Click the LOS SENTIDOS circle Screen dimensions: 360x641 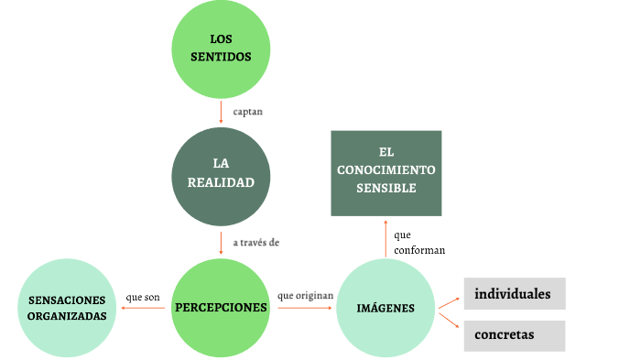click(x=221, y=49)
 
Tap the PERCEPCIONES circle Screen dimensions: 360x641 click(x=221, y=308)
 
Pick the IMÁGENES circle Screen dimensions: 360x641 click(x=386, y=308)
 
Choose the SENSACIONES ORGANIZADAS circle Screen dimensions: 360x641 click(x=67, y=308)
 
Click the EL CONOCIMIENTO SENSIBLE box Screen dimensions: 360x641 click(x=386, y=173)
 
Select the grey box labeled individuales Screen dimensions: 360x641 click(x=514, y=294)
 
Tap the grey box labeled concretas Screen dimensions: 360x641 click(x=514, y=335)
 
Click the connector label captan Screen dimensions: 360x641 click(x=249, y=112)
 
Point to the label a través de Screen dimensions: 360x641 click(x=256, y=243)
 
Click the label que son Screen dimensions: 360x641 click(x=143, y=297)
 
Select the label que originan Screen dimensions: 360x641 click(x=304, y=296)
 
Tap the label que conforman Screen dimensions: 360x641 click(x=419, y=242)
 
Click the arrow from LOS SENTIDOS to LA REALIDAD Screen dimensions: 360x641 click(x=221, y=112)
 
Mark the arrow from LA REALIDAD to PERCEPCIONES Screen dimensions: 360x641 click(x=221, y=243)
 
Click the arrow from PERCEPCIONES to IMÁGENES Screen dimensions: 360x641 click(x=304, y=308)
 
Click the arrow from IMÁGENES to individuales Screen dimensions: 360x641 click(x=449, y=301)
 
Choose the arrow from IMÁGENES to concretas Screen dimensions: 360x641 click(x=449, y=319)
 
